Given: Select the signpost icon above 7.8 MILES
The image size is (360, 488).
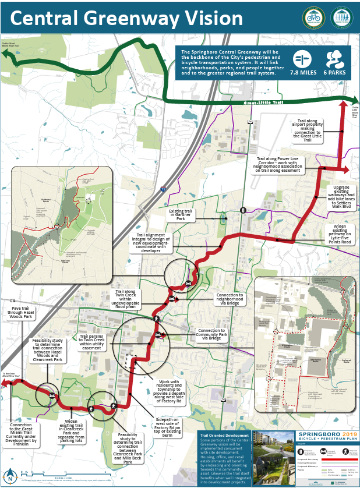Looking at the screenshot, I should coord(302,59).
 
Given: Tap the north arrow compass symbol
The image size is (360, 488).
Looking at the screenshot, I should coord(10,473).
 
